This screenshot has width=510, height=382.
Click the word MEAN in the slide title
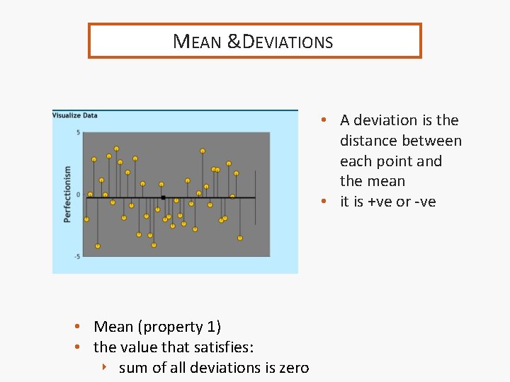[197, 42]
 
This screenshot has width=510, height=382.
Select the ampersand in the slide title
[234, 42]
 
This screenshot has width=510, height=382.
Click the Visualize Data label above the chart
[75, 115]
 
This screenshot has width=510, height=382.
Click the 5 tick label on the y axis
[78, 133]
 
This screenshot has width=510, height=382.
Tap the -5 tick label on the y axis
[76, 256]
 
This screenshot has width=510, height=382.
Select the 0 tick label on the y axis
[79, 194]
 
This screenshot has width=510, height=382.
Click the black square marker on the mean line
[163, 197]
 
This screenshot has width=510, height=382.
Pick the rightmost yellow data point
[240, 238]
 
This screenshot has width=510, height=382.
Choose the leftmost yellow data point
[86, 219]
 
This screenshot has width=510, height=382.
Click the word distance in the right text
[368, 141]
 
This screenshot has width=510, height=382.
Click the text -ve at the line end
[426, 202]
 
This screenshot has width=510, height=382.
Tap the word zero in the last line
[293, 368]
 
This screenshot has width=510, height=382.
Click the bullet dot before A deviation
[322, 120]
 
